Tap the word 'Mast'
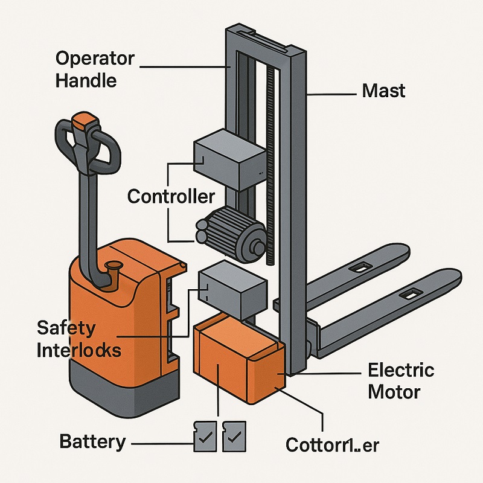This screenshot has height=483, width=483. coord(383,91)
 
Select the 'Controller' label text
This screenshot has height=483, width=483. coord(171,196)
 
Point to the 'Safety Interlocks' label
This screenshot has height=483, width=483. coord(78,339)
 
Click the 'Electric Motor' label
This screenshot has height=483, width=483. coord(401,380)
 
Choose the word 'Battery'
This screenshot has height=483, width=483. coord(92,441)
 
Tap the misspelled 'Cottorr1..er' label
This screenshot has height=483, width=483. coord(332,445)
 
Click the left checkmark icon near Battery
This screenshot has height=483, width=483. coord(203,437)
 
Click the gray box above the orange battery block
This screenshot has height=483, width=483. coord(232,291)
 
